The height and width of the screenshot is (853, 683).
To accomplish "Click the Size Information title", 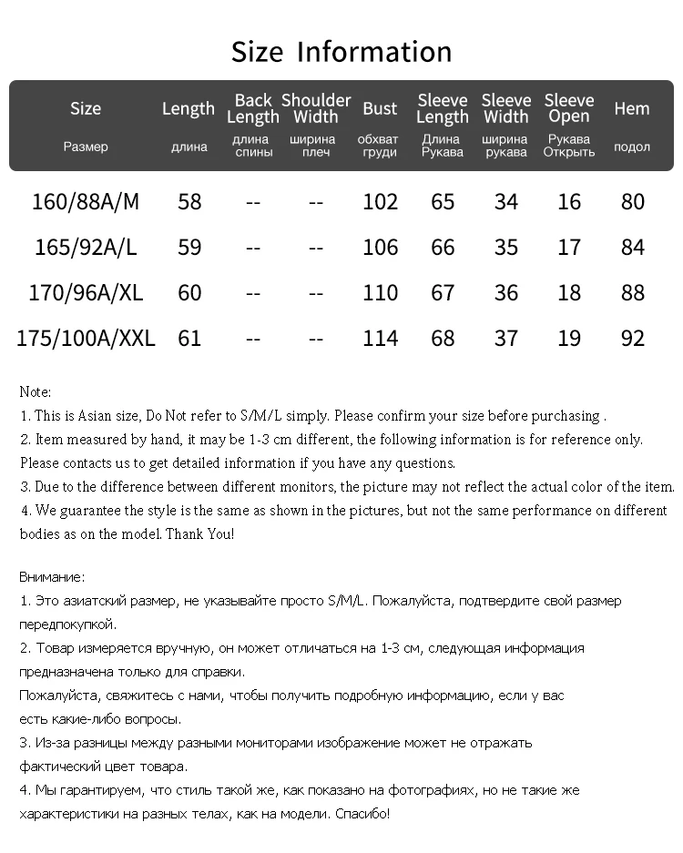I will tap(341, 52).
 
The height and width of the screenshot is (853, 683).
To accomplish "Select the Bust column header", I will tap(380, 109).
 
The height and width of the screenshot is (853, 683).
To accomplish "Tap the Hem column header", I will tap(632, 109).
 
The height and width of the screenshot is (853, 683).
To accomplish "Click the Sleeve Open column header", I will tap(569, 109).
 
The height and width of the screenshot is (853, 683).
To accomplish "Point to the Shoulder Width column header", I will tap(316, 109).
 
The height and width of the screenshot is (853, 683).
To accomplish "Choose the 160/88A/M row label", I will tap(86, 201).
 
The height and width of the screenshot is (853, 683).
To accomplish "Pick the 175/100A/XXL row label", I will tap(86, 339).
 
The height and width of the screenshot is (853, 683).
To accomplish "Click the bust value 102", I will tap(380, 201).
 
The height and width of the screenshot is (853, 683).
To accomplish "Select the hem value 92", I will tap(632, 339).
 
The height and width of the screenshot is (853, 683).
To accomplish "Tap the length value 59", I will tap(189, 248).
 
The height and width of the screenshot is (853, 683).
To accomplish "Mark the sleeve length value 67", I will tap(443, 293).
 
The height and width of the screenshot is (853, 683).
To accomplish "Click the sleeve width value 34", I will tap(505, 201).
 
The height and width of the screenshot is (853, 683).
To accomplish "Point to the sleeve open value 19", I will tap(569, 339).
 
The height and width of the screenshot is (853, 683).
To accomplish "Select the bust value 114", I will tap(380, 339).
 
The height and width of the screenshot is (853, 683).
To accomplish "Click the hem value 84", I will tap(632, 248).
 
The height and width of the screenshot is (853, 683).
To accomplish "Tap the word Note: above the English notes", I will tap(36, 392).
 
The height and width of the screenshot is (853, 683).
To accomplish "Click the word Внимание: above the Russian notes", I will tap(52, 577).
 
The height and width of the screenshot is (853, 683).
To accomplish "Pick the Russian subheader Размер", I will tap(86, 147).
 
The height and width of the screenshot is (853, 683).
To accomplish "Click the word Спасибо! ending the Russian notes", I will tap(362, 813).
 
